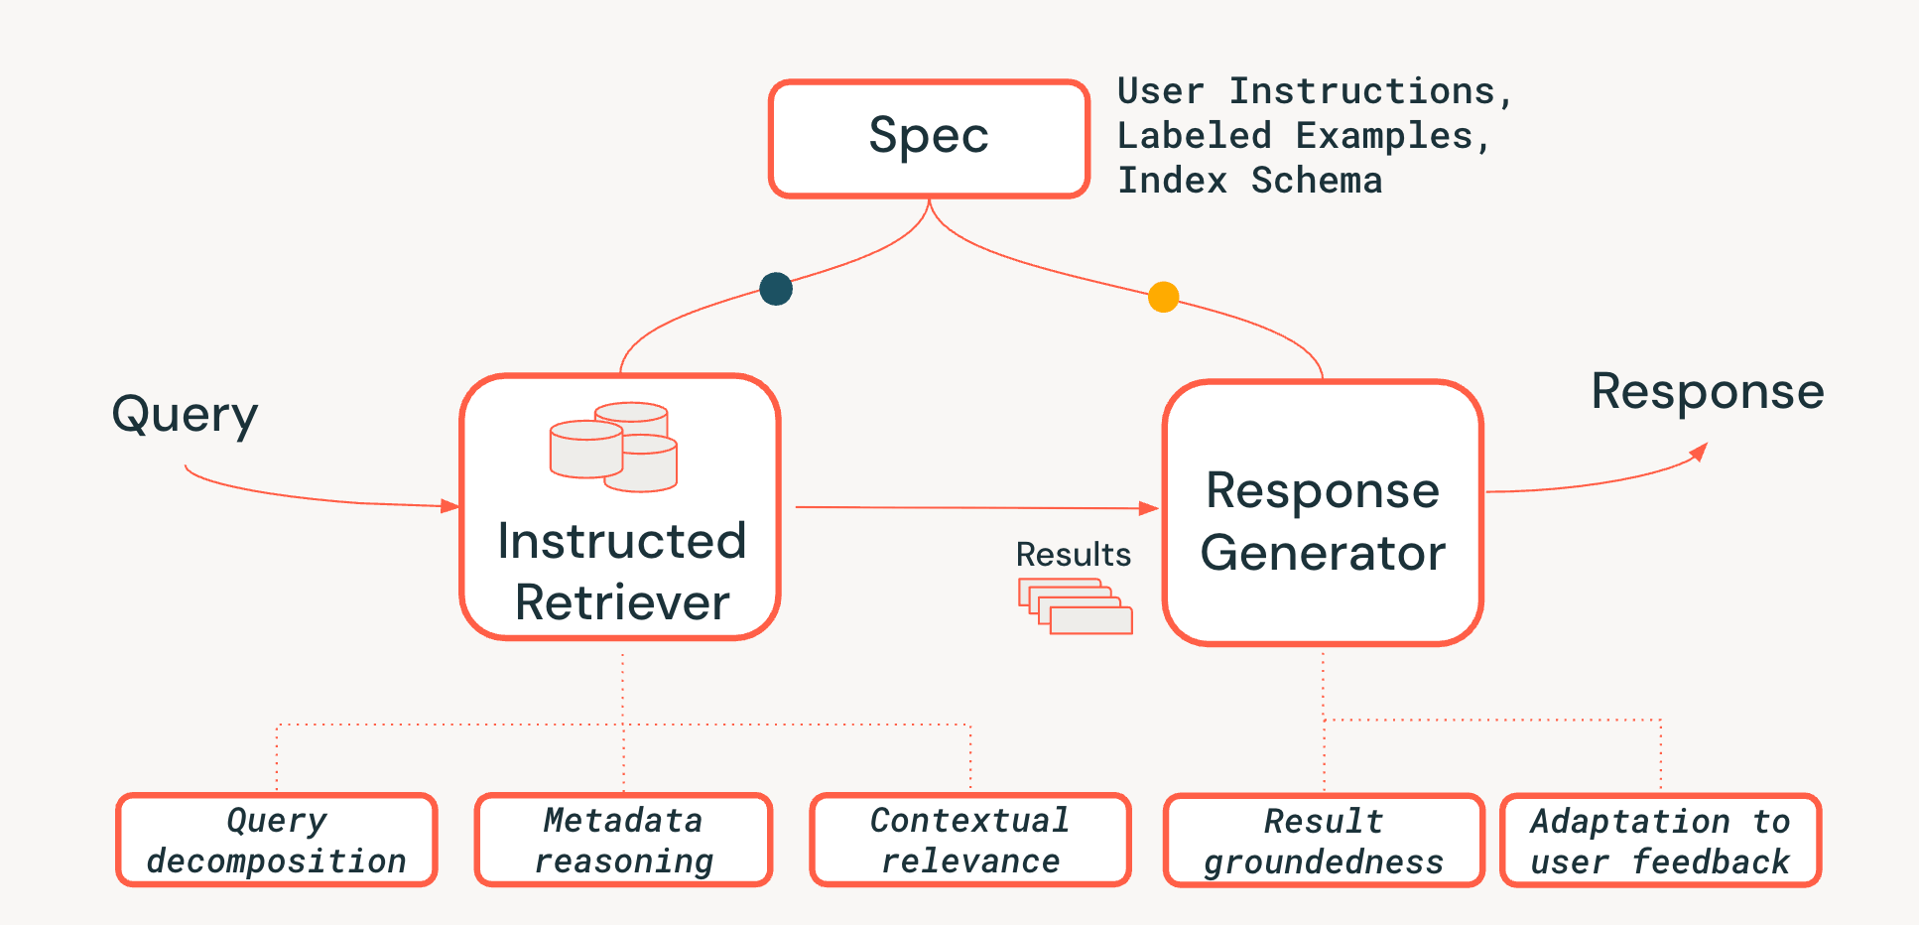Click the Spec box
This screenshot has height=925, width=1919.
[x=929, y=138]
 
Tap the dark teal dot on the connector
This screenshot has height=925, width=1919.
[x=776, y=289]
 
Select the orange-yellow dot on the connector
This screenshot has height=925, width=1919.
[x=1163, y=297]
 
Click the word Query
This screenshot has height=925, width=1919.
[x=185, y=415]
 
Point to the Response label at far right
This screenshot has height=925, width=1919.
[x=1707, y=391]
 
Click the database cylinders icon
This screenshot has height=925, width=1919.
[x=613, y=447]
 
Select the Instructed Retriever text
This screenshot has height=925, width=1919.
[x=622, y=572]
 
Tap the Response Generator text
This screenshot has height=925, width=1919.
[x=1322, y=522]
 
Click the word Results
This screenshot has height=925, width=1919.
[x=1073, y=554]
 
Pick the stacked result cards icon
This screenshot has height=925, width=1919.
[x=1076, y=605]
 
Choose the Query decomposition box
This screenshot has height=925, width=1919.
[x=277, y=840]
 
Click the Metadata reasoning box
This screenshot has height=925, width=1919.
[x=623, y=840]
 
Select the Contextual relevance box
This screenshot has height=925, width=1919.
[x=970, y=840]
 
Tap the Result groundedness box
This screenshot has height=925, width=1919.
[x=1324, y=841]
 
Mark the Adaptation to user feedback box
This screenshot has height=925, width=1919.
[x=1660, y=841]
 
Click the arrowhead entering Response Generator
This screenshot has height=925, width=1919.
[x=1149, y=508]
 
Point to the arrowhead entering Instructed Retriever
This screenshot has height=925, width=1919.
[x=449, y=506]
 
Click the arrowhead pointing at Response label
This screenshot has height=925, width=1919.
[x=1699, y=453]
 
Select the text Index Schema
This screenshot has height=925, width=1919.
[x=1249, y=181]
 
